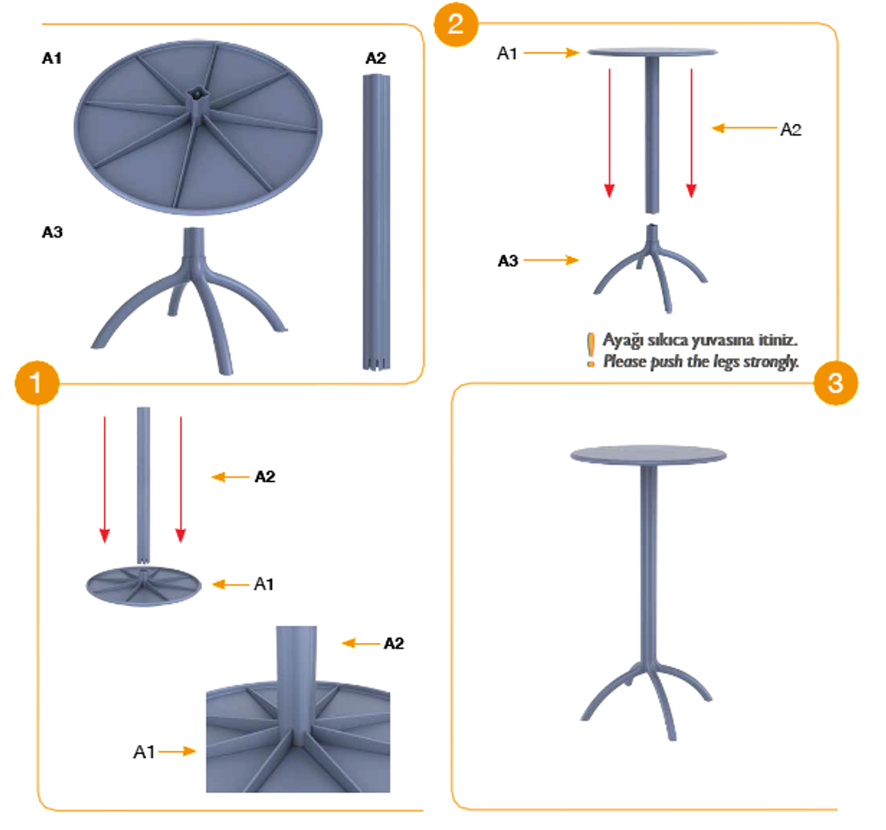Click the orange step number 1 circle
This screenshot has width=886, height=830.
(x=36, y=383)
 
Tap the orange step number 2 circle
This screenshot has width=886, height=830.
(x=456, y=24)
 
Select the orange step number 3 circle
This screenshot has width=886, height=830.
(x=835, y=383)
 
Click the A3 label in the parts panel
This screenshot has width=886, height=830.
(x=52, y=232)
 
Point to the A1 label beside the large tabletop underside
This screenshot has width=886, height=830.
(x=52, y=58)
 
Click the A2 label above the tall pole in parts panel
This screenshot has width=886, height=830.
(x=376, y=58)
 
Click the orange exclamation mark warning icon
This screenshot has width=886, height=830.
(x=590, y=350)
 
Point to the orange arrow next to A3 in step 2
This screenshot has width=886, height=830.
(x=551, y=260)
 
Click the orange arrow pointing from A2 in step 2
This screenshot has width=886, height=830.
(x=744, y=128)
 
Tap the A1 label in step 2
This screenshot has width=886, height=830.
(x=507, y=54)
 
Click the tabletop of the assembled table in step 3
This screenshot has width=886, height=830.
(x=649, y=454)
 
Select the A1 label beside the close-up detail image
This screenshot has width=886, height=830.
(x=144, y=752)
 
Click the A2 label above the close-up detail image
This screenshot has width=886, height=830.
(x=394, y=644)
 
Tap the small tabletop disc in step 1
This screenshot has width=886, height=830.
(x=144, y=586)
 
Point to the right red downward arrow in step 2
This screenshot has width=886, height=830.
(x=691, y=133)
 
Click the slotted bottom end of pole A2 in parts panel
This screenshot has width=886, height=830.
(x=377, y=362)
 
